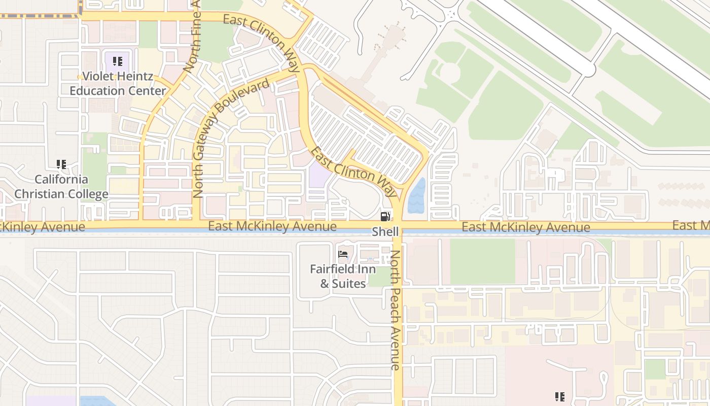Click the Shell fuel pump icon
(385, 217)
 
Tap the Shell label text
(385, 232)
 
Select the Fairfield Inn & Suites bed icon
(343, 254)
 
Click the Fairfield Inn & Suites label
(343, 276)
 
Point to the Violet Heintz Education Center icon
(118, 62)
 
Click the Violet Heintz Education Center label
(118, 84)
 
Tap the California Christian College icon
(61, 164)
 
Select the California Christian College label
(61, 187)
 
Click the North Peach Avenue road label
(396, 310)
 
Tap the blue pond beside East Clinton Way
(417, 195)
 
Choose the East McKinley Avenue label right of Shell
(525, 227)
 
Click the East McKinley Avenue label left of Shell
(272, 226)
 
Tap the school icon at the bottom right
(560, 396)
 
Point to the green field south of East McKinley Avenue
(482, 261)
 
